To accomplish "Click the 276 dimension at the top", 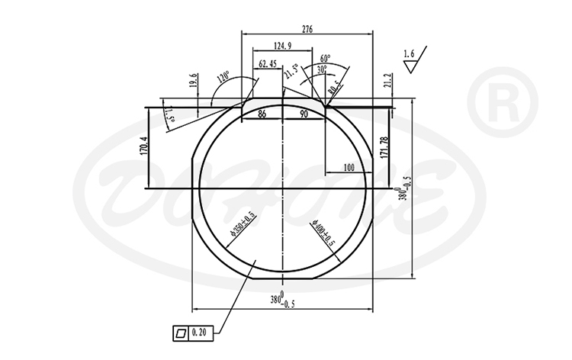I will point(307,29).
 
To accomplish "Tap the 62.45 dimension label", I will point(268,63).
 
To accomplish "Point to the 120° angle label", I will point(223,78).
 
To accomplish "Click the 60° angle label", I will point(326,59).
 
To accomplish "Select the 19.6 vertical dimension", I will point(193,82).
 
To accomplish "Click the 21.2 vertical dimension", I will point(387,82).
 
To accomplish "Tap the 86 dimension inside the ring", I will point(262,114).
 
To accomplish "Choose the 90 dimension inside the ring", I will point(303,114).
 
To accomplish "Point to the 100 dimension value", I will point(349,167).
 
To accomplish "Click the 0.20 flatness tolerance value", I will point(199,333).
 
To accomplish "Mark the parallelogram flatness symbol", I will point(180,333).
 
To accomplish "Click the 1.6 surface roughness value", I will point(410,55).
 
